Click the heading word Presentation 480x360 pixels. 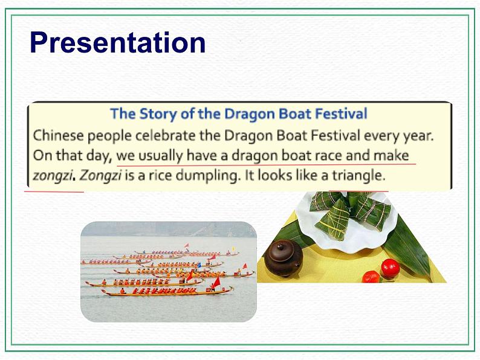[x=118, y=43]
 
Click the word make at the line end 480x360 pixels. [x=391, y=155]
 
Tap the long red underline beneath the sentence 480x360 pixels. [x=266, y=164]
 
